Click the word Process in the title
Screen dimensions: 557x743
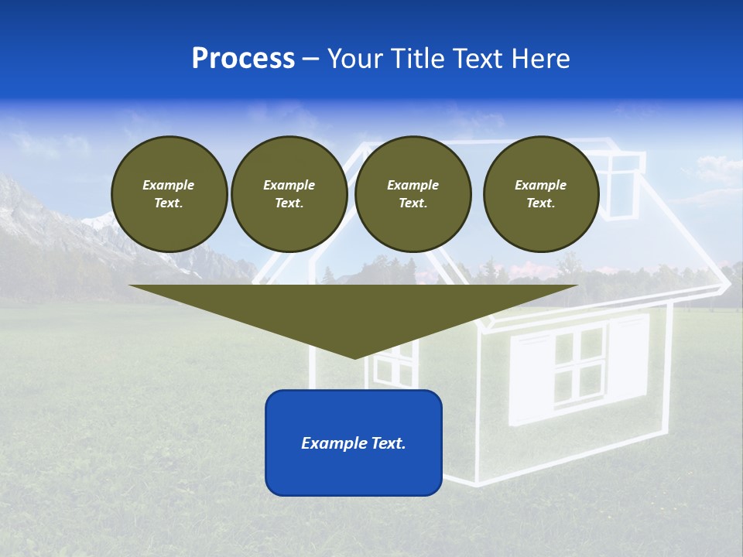tap(243, 59)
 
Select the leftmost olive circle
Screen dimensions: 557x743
tap(169, 194)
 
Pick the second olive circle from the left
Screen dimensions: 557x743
tap(289, 194)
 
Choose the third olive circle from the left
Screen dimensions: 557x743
tap(413, 194)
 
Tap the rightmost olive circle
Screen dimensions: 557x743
tap(540, 194)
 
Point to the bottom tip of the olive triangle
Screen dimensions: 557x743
tap(354, 357)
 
